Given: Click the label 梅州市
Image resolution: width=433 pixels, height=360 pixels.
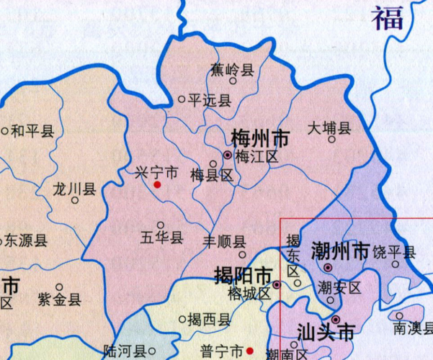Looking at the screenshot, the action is (x=260, y=138).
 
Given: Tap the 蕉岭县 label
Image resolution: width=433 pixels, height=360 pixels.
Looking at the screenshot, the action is (x=232, y=70).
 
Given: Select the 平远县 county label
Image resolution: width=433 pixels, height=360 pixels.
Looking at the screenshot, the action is (x=210, y=100).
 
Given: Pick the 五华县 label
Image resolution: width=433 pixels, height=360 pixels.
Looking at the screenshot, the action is (x=161, y=238).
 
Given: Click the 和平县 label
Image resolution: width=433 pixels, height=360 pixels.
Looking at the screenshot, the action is (x=32, y=132).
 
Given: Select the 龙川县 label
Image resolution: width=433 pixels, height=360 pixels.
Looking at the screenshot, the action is (x=74, y=189).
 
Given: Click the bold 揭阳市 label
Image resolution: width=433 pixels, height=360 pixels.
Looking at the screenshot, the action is (x=244, y=275).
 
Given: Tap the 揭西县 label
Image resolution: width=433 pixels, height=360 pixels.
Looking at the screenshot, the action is (x=209, y=319).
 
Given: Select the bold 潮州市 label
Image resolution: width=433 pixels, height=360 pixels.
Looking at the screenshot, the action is (x=341, y=251).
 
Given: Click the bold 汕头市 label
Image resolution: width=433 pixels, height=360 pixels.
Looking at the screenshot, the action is (x=326, y=333).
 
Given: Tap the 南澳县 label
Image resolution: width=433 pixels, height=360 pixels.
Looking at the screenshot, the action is (x=411, y=328).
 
